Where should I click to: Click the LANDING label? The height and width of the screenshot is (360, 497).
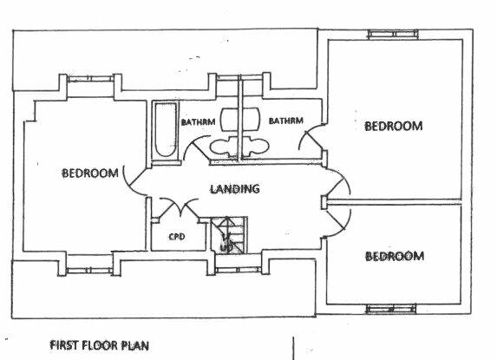[x=235, y=189]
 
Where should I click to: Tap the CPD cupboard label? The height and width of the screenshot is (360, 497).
[x=177, y=237]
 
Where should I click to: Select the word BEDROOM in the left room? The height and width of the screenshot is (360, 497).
[x=90, y=173]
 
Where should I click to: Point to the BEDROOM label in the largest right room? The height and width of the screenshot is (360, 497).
[x=394, y=126]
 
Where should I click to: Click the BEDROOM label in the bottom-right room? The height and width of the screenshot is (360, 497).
[x=395, y=256]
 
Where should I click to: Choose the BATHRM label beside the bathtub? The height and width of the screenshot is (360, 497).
[x=198, y=121]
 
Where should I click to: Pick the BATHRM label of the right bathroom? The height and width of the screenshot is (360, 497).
[x=286, y=121]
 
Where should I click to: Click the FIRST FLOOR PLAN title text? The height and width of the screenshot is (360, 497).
[x=99, y=345]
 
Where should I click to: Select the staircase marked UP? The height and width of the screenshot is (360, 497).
[x=229, y=235]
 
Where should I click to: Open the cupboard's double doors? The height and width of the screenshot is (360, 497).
[x=180, y=207]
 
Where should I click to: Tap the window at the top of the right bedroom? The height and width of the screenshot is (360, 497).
[x=393, y=34]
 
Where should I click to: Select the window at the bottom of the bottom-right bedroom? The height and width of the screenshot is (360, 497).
[x=391, y=308]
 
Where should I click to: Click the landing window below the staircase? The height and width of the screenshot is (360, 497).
[x=238, y=271]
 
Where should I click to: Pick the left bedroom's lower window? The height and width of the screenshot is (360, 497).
[x=89, y=271]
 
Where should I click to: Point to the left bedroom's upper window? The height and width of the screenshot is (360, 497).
[x=90, y=79]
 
